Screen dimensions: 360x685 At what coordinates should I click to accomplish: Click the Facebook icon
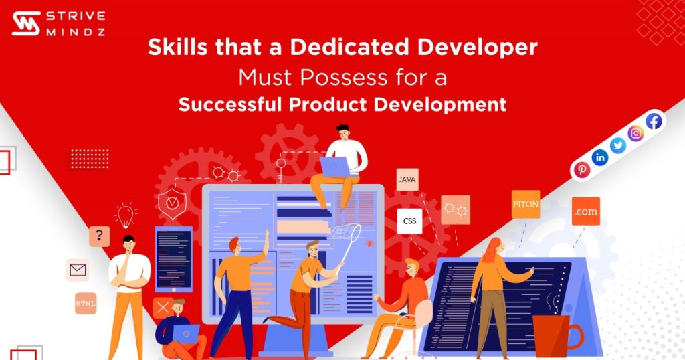[654, 121]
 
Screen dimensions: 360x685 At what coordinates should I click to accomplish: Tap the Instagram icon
[636, 133]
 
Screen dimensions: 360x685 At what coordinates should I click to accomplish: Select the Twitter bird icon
[618, 145]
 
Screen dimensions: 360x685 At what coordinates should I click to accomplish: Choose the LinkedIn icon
[600, 157]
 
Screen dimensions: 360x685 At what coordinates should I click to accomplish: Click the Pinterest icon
[582, 170]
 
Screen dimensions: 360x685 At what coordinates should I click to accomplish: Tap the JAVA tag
[407, 179]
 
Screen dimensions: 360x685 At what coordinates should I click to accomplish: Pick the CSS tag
[409, 221]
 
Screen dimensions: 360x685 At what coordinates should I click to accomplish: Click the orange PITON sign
[525, 204]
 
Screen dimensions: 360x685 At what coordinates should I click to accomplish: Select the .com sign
[585, 211]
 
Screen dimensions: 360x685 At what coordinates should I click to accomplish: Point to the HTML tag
[86, 303]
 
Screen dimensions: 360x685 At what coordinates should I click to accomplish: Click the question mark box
[99, 236]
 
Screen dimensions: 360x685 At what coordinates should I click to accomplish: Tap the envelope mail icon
[78, 270]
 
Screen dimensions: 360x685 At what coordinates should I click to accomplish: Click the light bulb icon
[124, 215]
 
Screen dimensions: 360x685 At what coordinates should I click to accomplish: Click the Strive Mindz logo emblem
[26, 24]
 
